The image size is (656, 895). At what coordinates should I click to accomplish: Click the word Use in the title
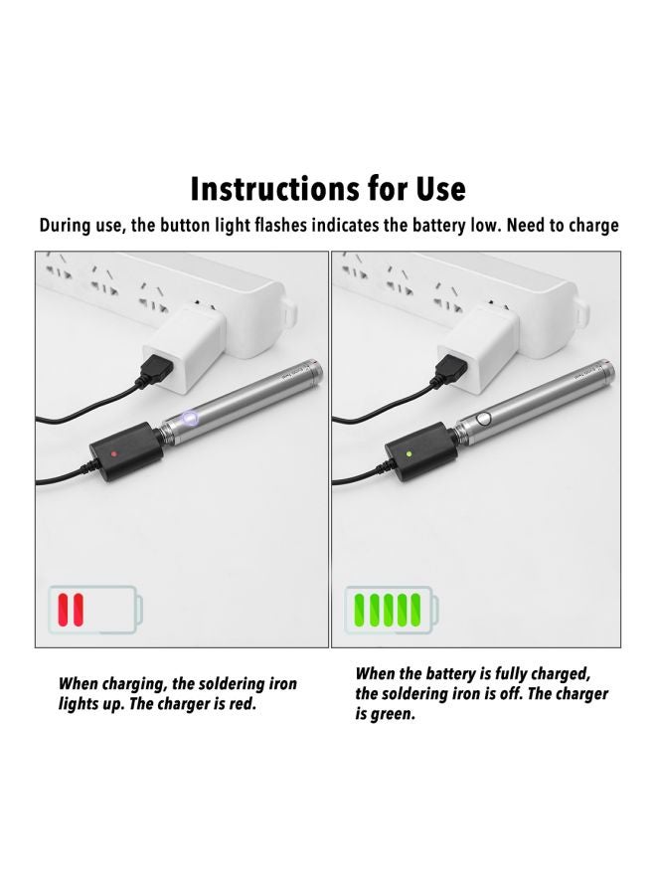(433, 188)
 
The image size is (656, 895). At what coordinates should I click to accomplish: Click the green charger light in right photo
(409, 453)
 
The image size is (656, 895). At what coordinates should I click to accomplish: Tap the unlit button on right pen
(484, 417)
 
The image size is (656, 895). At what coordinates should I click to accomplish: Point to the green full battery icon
(392, 608)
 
